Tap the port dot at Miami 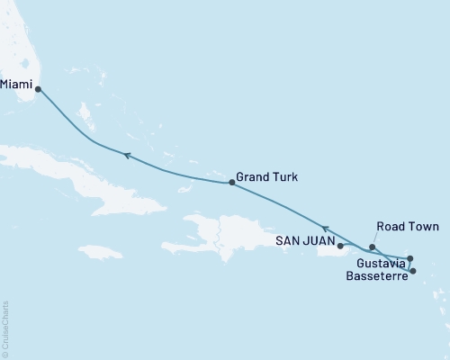[x=38, y=89]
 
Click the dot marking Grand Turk [x=232, y=183]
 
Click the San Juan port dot [x=340, y=244]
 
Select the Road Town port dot [x=372, y=247]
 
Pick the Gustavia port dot [x=410, y=258]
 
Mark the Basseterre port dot [x=413, y=271]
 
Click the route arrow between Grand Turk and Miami [x=128, y=157]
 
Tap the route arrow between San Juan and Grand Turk [x=326, y=229]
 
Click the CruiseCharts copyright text [x=5, y=326]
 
